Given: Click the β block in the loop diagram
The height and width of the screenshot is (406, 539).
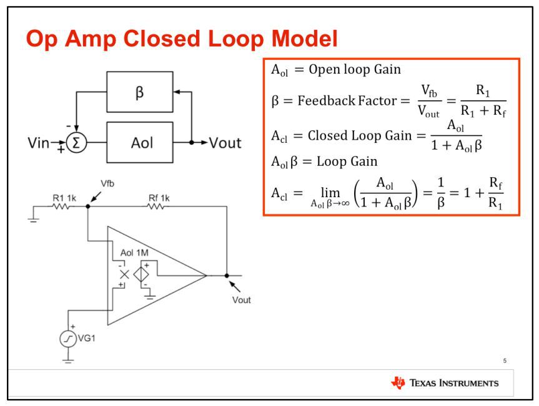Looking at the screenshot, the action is coord(139,92).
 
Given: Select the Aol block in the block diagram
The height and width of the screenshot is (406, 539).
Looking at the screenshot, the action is coord(139,142).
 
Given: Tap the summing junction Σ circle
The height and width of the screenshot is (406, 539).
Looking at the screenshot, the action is coord(76,142).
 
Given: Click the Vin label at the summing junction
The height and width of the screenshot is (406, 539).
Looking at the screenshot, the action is coord(38,143).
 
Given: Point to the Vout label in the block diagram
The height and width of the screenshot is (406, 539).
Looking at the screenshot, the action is coord(225,143).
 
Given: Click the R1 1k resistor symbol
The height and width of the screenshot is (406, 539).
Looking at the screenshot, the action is coord(61,206).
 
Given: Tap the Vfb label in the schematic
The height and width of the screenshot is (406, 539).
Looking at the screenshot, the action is coord(107,183).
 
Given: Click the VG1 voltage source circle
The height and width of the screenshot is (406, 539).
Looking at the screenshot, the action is coord(68,339).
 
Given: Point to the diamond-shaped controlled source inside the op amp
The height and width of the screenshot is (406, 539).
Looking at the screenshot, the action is coord(141,274).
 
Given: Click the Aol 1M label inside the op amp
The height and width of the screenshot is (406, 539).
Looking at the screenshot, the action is coord(134,253).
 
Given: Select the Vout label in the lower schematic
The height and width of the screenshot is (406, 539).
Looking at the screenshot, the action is coord(241,300).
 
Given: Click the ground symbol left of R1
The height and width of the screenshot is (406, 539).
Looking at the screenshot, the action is coord(33,220).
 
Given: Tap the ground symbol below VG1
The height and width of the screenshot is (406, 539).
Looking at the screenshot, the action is coord(68,360).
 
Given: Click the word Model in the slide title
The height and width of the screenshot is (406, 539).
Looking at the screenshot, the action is coord(305,39).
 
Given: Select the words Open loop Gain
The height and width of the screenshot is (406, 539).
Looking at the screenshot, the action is coord(355,70).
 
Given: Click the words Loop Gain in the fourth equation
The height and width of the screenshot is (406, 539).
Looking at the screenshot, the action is coord(347,162).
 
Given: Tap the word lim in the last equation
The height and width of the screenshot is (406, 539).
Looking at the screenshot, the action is coord(330,192).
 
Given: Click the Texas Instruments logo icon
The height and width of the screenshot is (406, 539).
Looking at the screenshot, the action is coord(398,383).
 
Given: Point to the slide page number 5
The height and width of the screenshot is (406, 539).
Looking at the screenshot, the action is coord(505,360).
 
